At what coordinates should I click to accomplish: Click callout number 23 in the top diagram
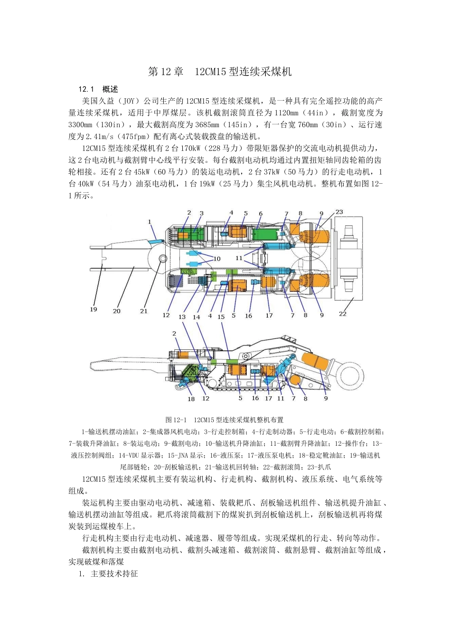pos(339,212)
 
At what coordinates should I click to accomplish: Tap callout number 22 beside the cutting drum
pos(342,314)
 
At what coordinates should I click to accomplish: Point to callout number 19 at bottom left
pos(94,310)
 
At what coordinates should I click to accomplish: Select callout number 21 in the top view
pos(144,311)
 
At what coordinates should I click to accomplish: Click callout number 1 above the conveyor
pos(150,222)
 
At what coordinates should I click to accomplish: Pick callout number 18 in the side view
pos(191,399)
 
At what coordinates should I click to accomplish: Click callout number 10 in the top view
pos(217,259)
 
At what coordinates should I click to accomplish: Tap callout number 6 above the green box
pos(261,214)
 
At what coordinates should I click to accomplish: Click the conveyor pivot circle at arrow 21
pos(163,258)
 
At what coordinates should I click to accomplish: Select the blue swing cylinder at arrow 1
pos(155,242)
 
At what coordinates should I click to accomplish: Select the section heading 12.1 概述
pos(98,89)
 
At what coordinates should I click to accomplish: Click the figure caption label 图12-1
pos(176,420)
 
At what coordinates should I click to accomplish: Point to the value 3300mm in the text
pos(81,125)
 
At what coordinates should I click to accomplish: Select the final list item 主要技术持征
pos(114,573)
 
